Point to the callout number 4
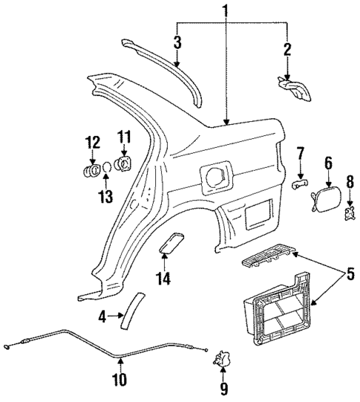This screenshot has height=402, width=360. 103,316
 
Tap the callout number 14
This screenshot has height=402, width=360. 163,279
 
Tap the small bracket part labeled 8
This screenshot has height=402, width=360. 350,215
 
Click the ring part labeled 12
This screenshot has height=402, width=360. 92,172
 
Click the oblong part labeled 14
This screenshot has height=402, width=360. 174,244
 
